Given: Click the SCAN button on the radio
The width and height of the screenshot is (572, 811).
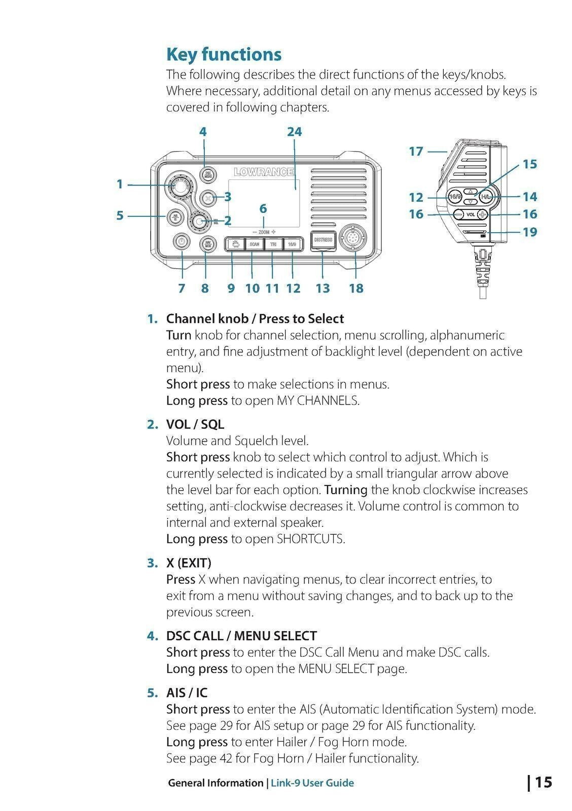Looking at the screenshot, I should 254,244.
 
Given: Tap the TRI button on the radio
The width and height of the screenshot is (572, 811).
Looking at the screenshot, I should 273,244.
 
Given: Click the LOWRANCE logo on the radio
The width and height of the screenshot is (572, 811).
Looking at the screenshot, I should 264,172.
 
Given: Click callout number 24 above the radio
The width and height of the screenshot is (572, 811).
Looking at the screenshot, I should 294,132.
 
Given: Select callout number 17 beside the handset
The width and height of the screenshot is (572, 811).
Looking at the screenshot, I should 416,151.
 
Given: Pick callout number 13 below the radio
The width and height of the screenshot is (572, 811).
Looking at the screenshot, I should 323,288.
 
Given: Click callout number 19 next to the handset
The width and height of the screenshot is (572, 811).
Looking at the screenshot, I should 529,232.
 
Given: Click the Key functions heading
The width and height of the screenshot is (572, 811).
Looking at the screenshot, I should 224,54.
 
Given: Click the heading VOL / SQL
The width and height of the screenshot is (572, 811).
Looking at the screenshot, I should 195,424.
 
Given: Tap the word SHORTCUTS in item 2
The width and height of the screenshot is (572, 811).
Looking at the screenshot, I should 310,539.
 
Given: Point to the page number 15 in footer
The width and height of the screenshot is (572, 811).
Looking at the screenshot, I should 543,782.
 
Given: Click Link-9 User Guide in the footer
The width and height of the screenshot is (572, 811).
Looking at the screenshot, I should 312,783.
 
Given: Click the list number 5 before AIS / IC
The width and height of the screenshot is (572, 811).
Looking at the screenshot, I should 153,693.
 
